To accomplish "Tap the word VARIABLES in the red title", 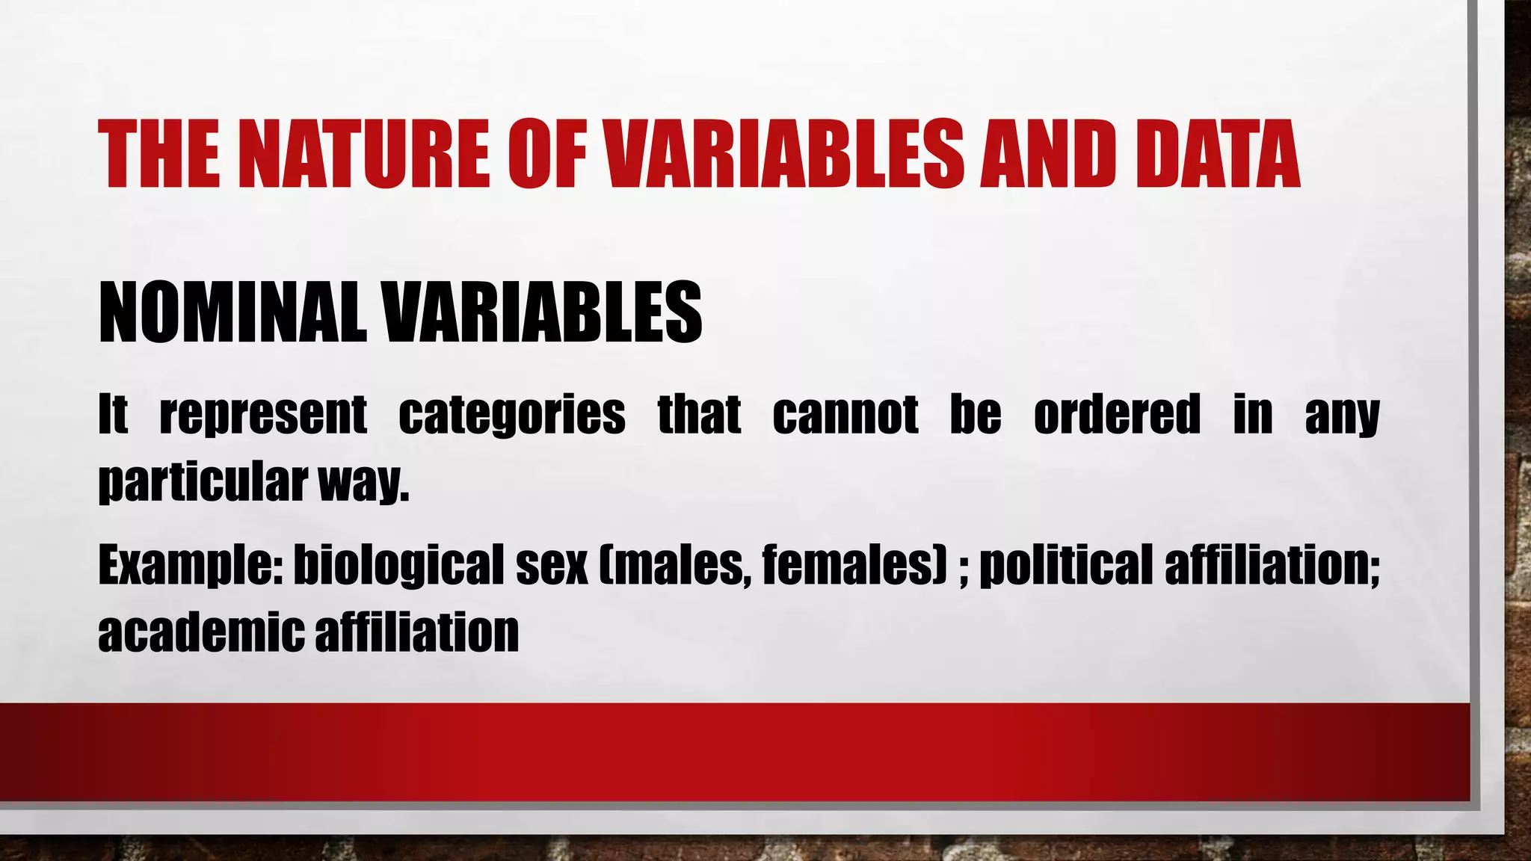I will tap(784, 155).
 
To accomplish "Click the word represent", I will tap(263, 415).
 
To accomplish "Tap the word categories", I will tap(512, 415).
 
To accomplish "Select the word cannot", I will tap(845, 415).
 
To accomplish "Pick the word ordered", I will tap(1117, 415).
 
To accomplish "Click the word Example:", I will tap(190, 566).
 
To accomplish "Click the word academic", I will tap(200, 632).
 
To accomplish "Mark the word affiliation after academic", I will tap(416, 632).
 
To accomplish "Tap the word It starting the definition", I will tap(113, 415).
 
